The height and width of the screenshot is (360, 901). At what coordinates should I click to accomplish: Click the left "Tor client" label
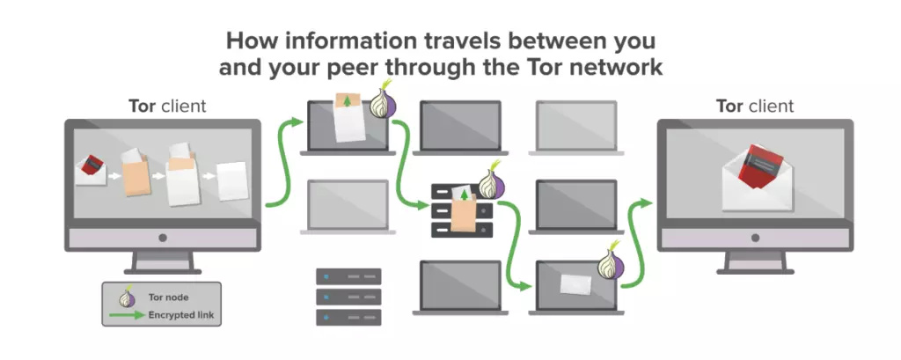point(167,107)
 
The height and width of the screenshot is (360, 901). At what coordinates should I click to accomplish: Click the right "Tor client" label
point(755,107)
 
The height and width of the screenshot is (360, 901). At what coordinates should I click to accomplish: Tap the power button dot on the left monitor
point(162,238)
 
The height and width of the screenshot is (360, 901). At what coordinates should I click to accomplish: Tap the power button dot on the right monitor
point(755,238)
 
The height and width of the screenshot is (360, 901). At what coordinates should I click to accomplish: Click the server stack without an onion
point(348,297)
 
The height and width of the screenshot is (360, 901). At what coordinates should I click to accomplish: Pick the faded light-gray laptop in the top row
point(578,125)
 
